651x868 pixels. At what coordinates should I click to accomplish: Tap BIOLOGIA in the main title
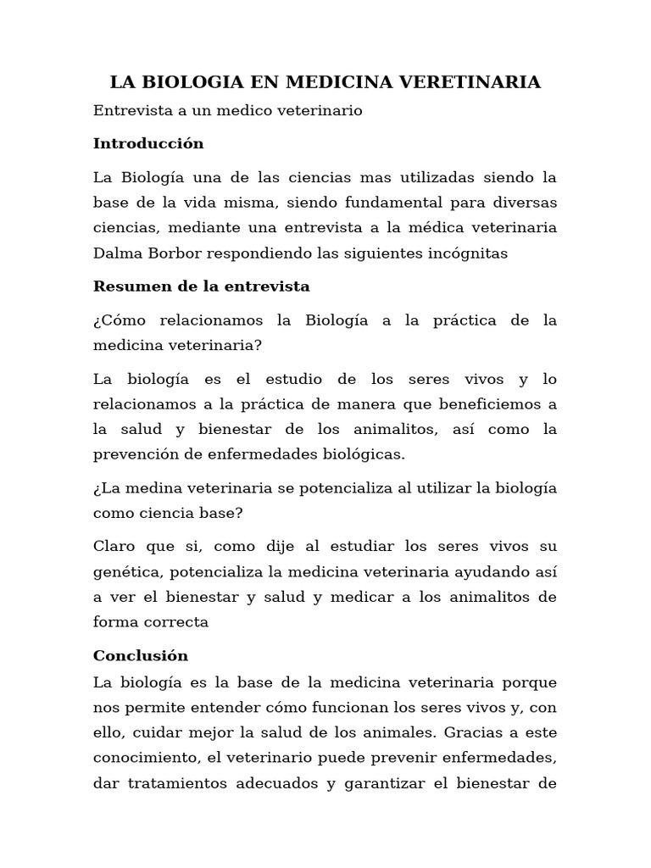(188, 82)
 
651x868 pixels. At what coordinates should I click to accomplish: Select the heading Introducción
(148, 143)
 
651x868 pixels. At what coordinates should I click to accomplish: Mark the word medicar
(359, 597)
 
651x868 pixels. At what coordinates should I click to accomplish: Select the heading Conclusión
(141, 656)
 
